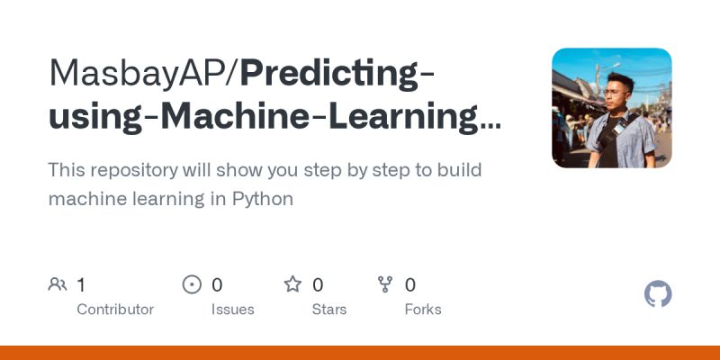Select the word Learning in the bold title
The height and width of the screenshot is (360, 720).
[x=407, y=118]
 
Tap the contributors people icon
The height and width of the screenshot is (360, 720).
[x=58, y=284]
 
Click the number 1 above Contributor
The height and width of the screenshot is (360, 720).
[x=81, y=284]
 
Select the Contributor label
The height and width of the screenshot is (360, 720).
[x=115, y=309]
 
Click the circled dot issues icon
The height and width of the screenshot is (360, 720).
[x=192, y=284]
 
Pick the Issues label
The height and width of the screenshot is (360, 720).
[x=233, y=309]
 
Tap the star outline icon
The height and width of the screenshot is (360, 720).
[x=292, y=284]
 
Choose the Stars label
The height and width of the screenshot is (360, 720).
[x=330, y=309]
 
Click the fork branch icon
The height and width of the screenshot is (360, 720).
[x=385, y=284]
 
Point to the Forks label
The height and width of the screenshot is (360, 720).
[x=423, y=309]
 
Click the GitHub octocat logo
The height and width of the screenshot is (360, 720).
[x=658, y=294]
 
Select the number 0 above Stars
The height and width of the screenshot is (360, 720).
[x=318, y=284]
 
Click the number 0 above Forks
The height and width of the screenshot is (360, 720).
[x=410, y=284]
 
